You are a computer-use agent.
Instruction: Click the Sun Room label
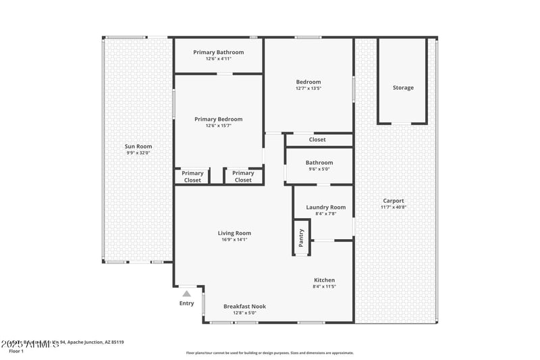[x=138, y=147]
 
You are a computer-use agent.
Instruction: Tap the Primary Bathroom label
[x=218, y=52]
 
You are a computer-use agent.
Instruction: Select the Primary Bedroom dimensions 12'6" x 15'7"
[x=218, y=126]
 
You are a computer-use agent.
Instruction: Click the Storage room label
[x=403, y=88]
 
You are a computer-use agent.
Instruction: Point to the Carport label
[x=394, y=201]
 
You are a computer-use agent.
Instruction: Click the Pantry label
[x=301, y=237]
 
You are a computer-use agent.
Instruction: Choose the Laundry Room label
[x=325, y=207]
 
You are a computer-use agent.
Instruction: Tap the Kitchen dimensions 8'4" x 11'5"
[x=324, y=286]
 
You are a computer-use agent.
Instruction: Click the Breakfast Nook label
[x=244, y=306]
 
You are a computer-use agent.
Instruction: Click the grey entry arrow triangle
[x=186, y=294]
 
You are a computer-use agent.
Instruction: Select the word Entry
[x=186, y=303]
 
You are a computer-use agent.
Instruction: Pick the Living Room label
[x=234, y=233]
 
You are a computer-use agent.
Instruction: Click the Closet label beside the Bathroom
[x=317, y=140]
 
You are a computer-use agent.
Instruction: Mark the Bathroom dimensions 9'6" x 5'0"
[x=319, y=169]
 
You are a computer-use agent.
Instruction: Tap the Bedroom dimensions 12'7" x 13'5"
[x=308, y=88]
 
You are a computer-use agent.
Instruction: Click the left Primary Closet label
[x=192, y=177]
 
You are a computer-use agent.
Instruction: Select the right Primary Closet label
[x=243, y=177]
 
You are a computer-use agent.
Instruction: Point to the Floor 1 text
[x=16, y=351]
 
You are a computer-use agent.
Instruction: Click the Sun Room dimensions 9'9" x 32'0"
[x=138, y=153]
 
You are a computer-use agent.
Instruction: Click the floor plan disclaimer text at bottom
[x=269, y=353]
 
